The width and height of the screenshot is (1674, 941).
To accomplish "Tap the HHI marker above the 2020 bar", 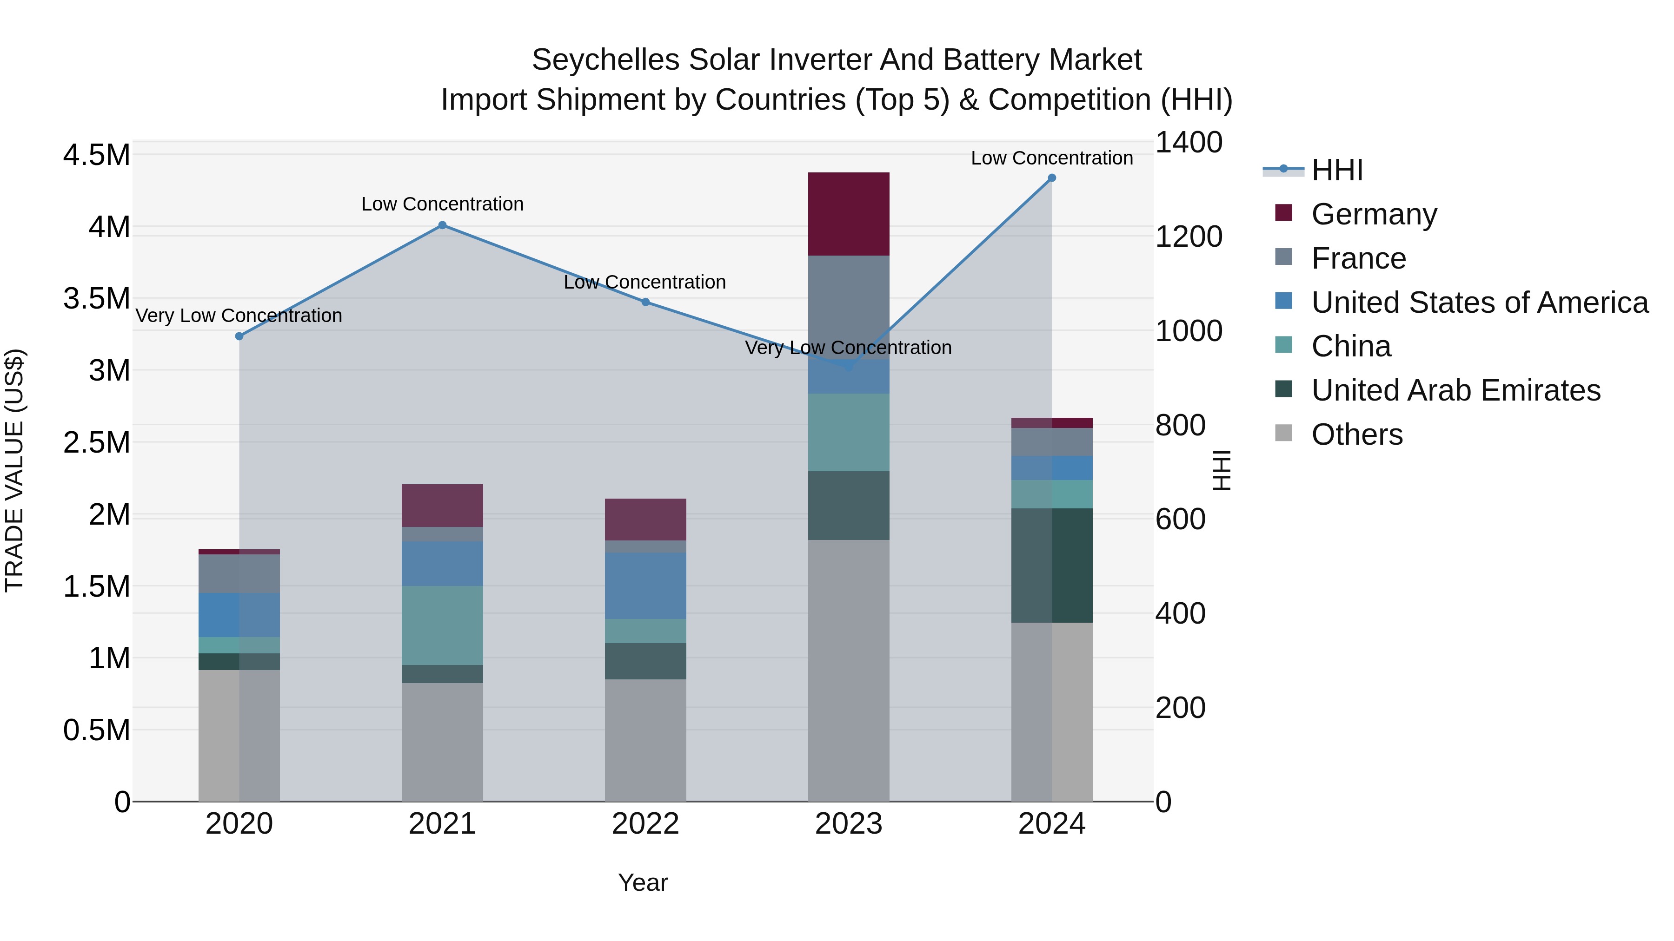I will pos(239,336).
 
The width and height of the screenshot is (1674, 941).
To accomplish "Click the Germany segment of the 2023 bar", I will pos(848,214).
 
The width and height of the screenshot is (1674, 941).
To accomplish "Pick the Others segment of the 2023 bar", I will pos(848,669).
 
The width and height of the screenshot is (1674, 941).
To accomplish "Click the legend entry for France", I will pos(1358,258).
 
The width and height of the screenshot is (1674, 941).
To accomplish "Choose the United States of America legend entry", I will pos(1479,303).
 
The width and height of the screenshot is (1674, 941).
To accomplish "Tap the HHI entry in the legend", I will pos(1337,170).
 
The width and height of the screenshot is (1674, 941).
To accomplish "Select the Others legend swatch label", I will pos(1356,434).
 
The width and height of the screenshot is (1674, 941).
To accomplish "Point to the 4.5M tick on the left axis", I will pos(96,155).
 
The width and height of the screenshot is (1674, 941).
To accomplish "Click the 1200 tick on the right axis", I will pos(1189,237).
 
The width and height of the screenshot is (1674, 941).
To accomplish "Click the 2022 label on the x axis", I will pos(645,824).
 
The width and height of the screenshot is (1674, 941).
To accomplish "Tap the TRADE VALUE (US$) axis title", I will pos(14,470).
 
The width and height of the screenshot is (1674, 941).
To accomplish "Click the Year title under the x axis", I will pos(643,882).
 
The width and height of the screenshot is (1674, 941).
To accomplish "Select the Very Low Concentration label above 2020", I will pos(239,316).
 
